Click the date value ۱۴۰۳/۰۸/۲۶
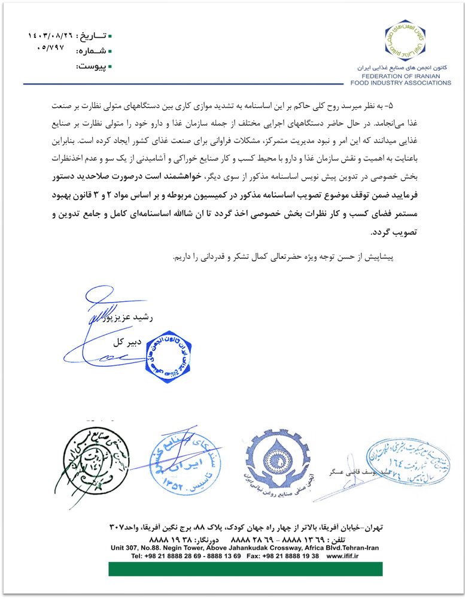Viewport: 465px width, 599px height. pyautogui.click(x=50, y=36)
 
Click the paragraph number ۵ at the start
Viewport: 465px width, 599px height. pyautogui.click(x=409, y=105)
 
